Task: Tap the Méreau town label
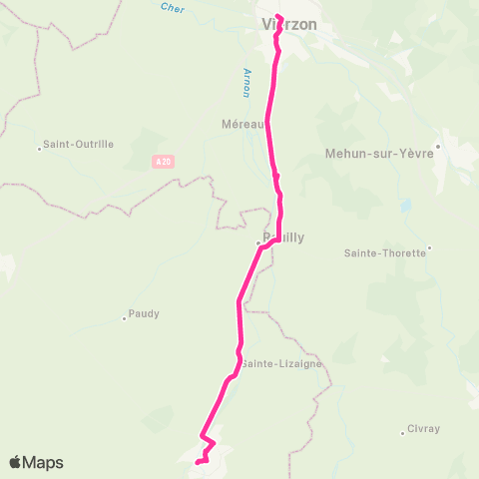pyautogui.click(x=241, y=125)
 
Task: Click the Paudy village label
pyautogui.click(x=145, y=313)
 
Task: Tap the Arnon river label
pyautogui.click(x=246, y=83)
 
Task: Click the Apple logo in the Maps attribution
pyautogui.click(x=16, y=462)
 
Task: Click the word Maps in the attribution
pyautogui.click(x=44, y=463)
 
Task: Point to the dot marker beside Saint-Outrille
pyautogui.click(x=40, y=149)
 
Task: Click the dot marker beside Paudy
pyautogui.click(x=124, y=318)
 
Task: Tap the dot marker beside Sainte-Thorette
pyautogui.click(x=430, y=247)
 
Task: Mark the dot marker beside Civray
pyautogui.click(x=405, y=431)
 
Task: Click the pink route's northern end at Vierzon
pyautogui.click(x=278, y=16)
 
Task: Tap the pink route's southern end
pyautogui.click(x=198, y=462)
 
